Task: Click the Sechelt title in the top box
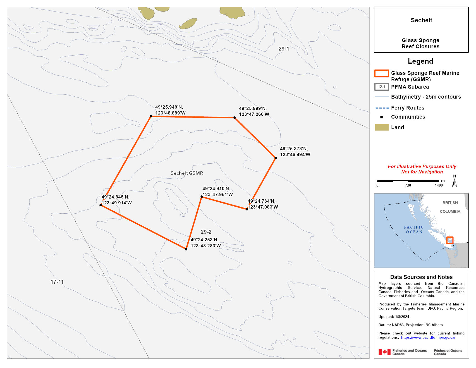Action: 421,20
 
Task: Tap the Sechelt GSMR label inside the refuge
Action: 187,173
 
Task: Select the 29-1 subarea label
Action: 284,49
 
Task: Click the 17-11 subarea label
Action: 57,282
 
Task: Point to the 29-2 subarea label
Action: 206,232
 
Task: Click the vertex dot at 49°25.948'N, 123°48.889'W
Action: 151,116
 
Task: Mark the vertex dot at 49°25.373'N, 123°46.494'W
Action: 276,158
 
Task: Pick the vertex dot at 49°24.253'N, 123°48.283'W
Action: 186,249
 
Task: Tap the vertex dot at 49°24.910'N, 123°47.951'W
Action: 202,197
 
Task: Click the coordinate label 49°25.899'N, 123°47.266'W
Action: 254,111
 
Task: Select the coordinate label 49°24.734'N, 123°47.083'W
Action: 263,204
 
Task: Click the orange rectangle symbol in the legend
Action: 381,73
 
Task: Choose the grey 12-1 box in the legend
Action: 381,87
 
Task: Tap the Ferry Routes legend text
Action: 408,108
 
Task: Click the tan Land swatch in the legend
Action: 382,127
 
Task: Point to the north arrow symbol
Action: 455,183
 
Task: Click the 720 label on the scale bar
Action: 408,185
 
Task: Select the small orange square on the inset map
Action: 450,240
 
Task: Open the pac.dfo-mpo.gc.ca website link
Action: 428,338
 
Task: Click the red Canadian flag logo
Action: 384,352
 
